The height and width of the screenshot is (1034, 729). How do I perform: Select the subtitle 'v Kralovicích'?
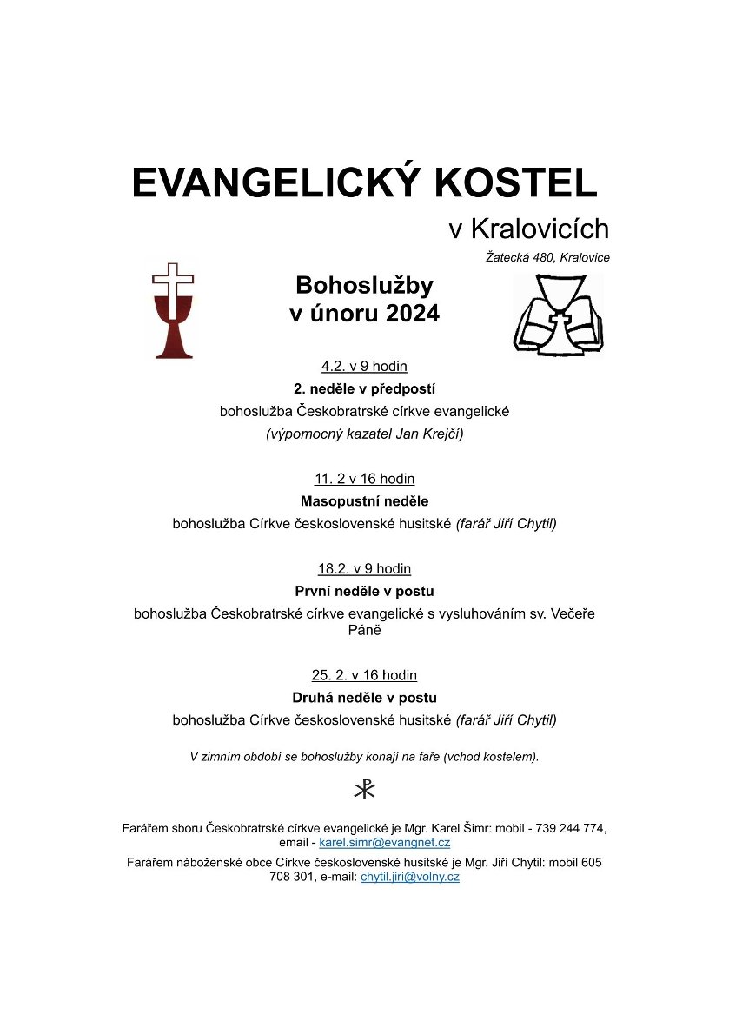(x=528, y=229)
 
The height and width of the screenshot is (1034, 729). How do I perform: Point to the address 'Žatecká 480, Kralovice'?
(x=547, y=257)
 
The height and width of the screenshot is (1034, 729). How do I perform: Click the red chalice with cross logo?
(x=173, y=310)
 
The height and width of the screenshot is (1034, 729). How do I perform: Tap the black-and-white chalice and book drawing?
(x=557, y=315)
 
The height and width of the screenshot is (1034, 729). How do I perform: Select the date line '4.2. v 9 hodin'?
(x=364, y=366)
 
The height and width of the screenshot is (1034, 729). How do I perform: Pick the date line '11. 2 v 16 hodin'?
(x=364, y=479)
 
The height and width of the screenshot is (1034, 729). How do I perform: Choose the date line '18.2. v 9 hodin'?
(x=364, y=569)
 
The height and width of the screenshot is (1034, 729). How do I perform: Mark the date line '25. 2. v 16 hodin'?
(x=364, y=675)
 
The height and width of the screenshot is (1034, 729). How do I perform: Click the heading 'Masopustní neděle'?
(x=364, y=501)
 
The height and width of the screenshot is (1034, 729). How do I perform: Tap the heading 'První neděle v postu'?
(x=364, y=592)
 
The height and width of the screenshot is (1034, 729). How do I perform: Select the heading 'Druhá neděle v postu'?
(x=364, y=698)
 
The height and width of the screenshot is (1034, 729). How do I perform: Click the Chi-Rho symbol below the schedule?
(x=364, y=790)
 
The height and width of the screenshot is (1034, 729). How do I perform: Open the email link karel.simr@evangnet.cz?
(x=384, y=843)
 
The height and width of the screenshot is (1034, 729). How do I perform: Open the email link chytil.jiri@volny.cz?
(x=409, y=878)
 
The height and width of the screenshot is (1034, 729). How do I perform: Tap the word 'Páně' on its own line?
(x=364, y=630)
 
